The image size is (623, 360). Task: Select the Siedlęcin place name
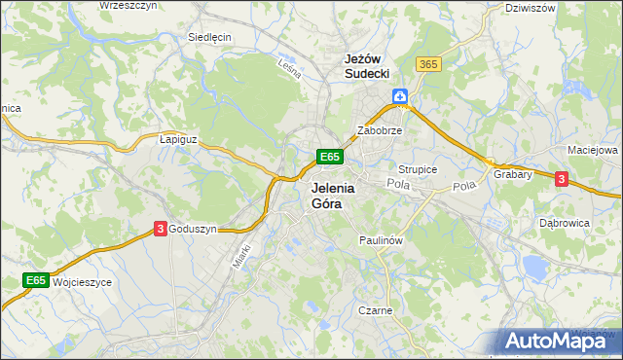point(209,37)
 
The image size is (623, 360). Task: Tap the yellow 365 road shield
point(428,63)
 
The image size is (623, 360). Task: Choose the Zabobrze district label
point(380,129)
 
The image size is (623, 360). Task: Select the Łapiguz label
point(178,139)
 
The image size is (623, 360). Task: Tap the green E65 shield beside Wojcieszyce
point(36,280)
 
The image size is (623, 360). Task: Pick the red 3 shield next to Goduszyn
point(159,228)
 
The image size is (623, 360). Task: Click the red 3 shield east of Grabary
point(561,178)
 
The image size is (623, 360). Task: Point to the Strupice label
point(418,169)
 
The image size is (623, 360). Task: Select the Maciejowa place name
point(593,151)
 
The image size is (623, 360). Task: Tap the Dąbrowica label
point(565,222)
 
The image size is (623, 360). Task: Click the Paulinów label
point(381,238)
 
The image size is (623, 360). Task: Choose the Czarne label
point(375,311)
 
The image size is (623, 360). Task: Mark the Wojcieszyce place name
point(83,281)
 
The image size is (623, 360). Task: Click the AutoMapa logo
point(558,340)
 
